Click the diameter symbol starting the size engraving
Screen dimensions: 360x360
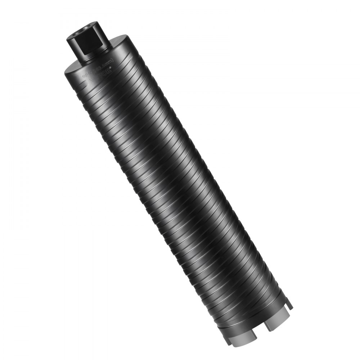click(x=85, y=72)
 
